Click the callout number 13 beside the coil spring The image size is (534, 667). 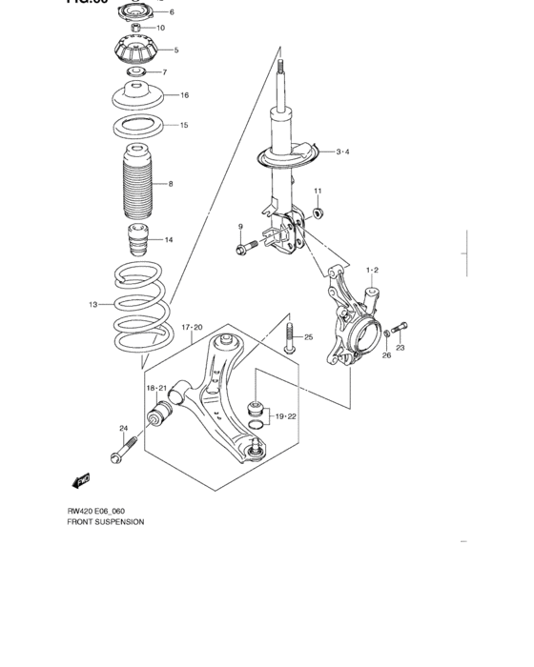click(x=93, y=305)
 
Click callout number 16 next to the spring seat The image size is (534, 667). click(x=184, y=95)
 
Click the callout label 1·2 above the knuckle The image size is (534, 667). click(x=370, y=271)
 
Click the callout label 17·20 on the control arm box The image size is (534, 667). click(x=194, y=327)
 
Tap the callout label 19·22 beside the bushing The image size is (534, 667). click(x=287, y=416)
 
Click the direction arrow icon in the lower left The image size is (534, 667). click(x=80, y=482)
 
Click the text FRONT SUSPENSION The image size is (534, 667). click(x=105, y=522)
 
